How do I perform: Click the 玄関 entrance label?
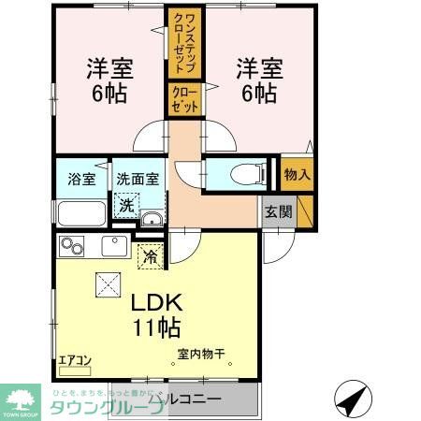click(x=276, y=211)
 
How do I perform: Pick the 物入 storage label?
click(x=297, y=175)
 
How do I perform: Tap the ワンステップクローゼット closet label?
click(x=181, y=41)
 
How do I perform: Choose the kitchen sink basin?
click(x=115, y=247)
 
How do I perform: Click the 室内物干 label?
click(x=202, y=355)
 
